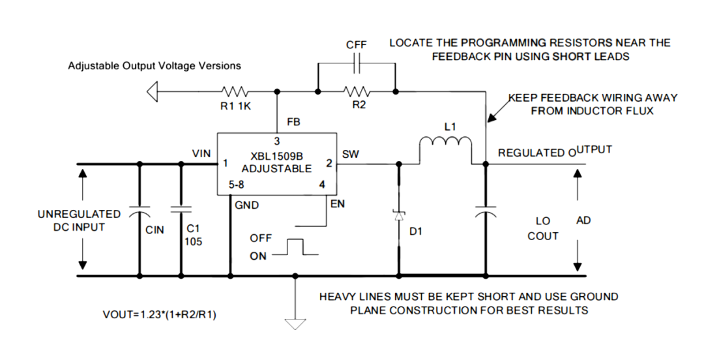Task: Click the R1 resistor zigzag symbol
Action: coord(233,91)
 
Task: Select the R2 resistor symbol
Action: coord(357,91)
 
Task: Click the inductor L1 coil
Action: coord(445,145)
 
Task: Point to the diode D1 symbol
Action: coord(398,215)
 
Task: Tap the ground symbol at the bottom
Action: coord(295,323)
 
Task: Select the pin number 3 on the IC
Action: coord(276,141)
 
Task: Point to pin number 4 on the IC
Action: coord(321,185)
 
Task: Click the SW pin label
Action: coord(350,154)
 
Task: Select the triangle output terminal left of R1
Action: coord(153,92)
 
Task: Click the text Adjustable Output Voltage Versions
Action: coord(154,66)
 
